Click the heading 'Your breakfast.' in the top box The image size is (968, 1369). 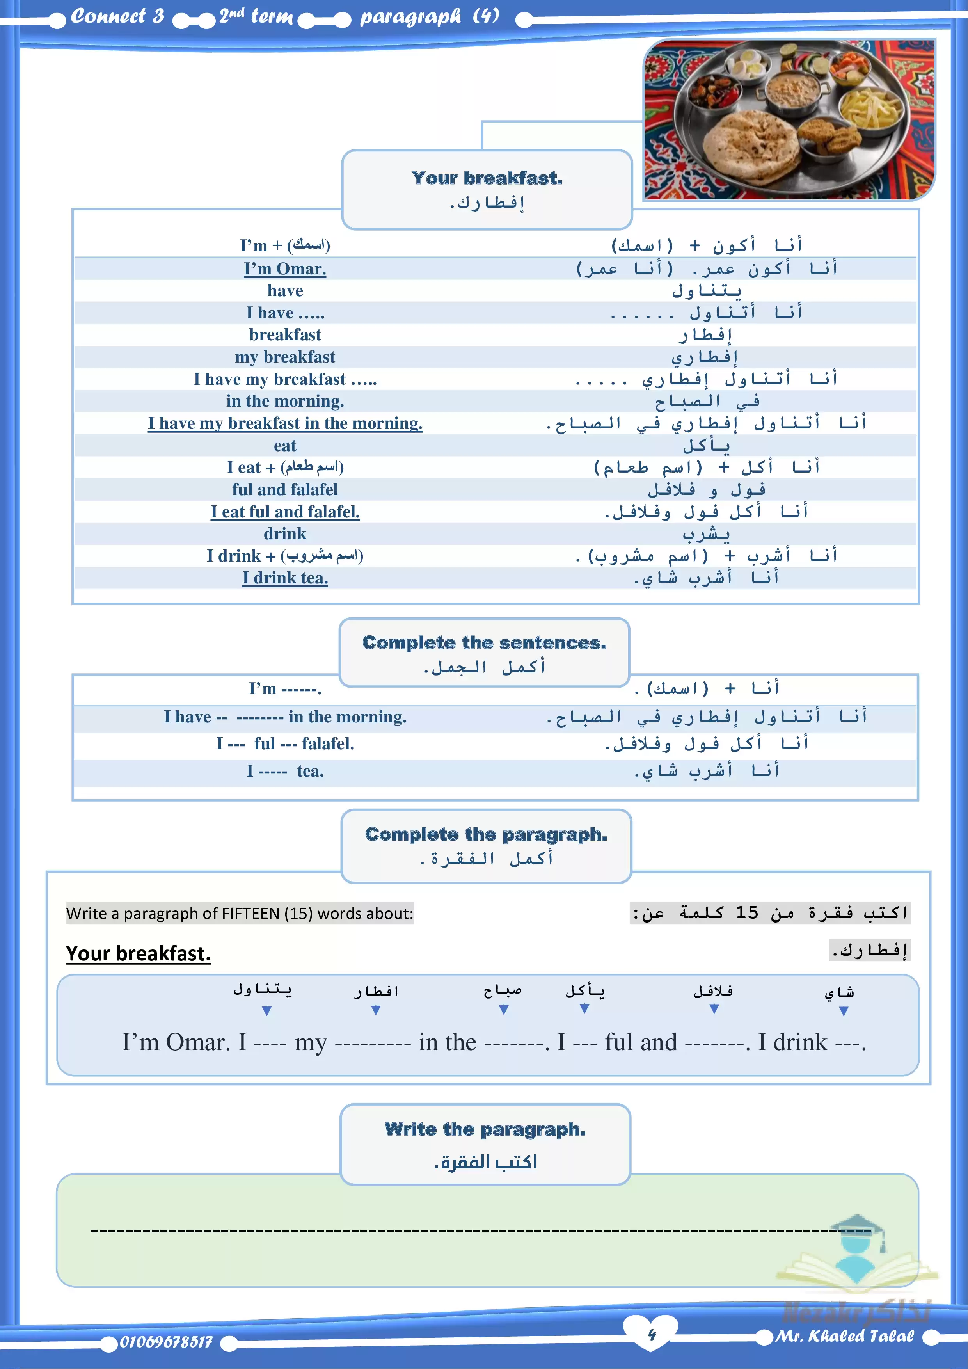coord(487,178)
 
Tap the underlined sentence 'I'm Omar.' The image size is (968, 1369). coord(285,269)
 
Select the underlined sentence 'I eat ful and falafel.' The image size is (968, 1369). coord(285,512)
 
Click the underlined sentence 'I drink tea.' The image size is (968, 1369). coord(285,578)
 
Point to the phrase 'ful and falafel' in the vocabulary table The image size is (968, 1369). coord(285,489)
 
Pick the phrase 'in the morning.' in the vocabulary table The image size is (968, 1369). coord(285,401)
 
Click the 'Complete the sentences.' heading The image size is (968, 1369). coord(484,643)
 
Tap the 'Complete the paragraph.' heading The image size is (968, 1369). coord(486,834)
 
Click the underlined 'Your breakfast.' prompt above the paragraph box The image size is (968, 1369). coord(138,953)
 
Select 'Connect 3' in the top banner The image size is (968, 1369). coord(117,16)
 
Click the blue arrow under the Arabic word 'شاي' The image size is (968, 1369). coord(844,1011)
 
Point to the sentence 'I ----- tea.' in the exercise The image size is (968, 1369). coord(285,772)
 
